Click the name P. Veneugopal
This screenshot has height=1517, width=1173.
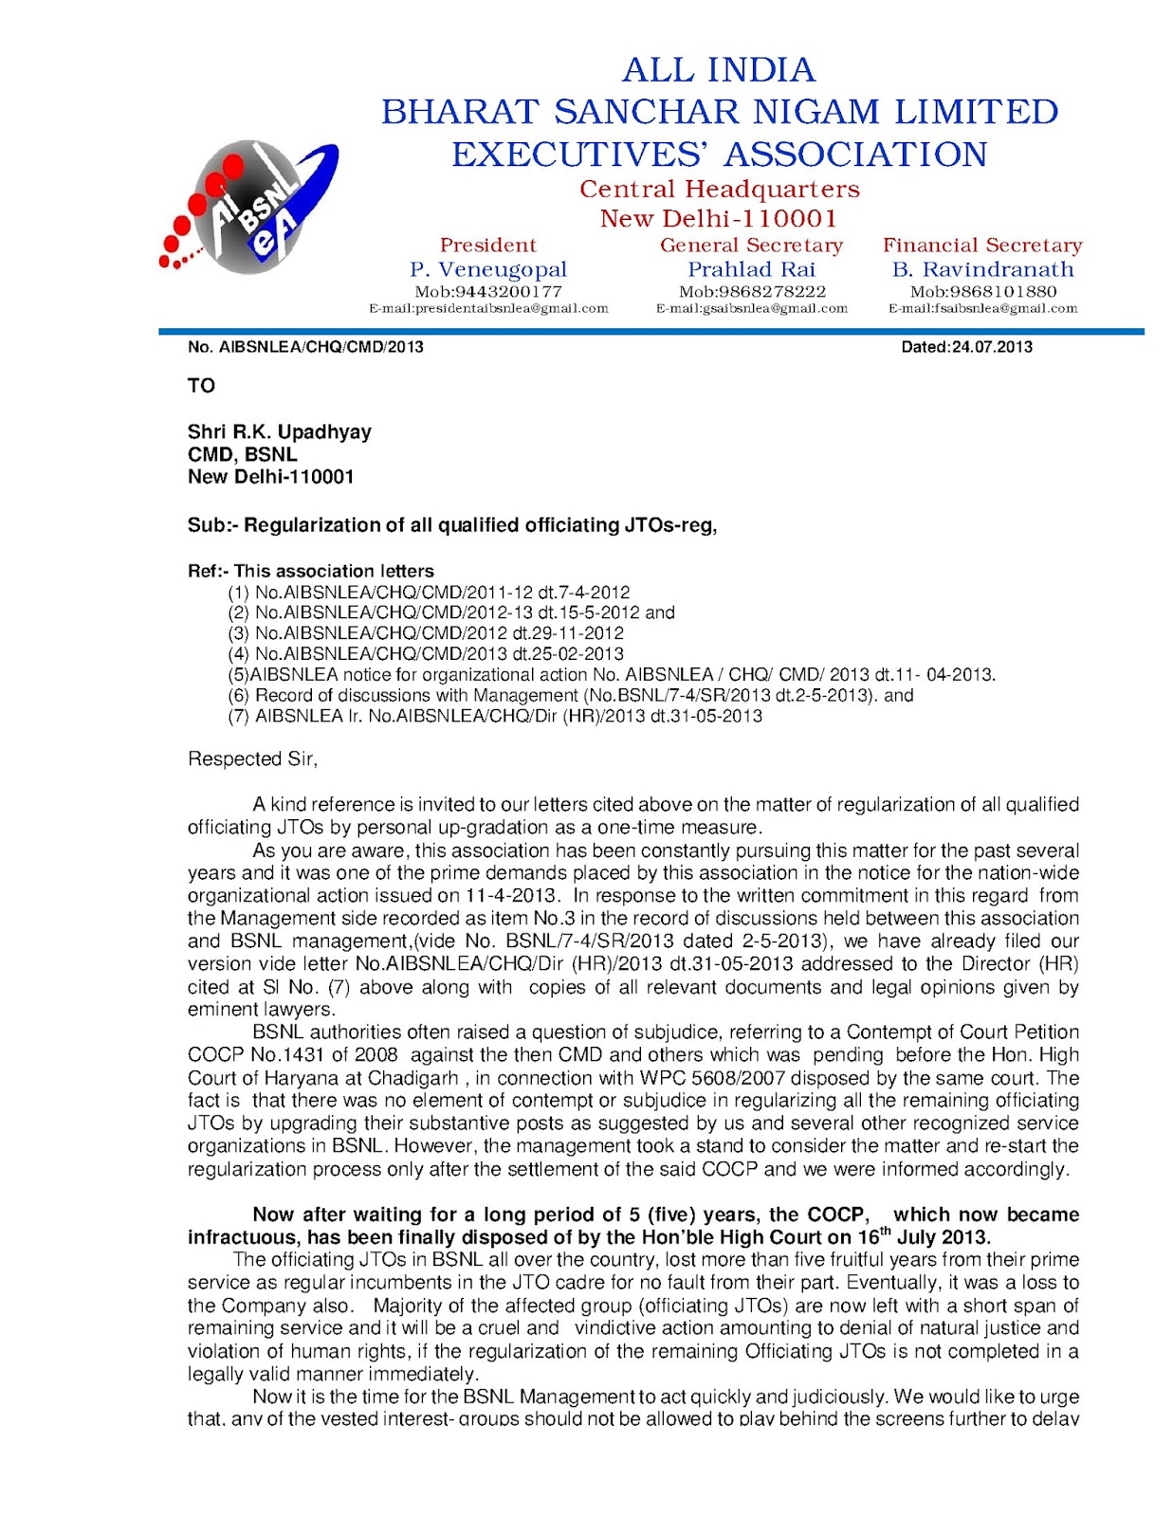click(x=487, y=269)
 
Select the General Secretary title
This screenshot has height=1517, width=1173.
click(x=751, y=245)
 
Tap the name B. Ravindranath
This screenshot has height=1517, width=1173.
click(x=982, y=269)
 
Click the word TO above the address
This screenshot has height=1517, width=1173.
click(x=201, y=386)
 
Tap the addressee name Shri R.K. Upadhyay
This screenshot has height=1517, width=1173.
click(x=279, y=431)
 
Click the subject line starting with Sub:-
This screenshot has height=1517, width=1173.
click(x=451, y=524)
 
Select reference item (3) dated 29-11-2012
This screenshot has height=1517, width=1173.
click(x=426, y=632)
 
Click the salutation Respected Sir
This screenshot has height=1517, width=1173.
click(x=252, y=758)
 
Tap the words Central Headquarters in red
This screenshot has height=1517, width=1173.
click(x=719, y=189)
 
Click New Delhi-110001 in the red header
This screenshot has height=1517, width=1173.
click(x=719, y=218)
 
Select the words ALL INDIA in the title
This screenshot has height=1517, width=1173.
click(x=718, y=69)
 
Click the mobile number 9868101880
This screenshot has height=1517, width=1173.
click(x=982, y=292)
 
